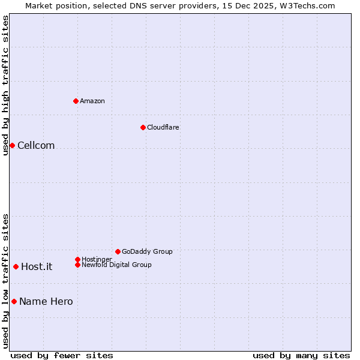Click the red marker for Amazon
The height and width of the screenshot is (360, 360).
(x=76, y=101)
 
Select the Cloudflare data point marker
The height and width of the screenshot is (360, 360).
(x=143, y=127)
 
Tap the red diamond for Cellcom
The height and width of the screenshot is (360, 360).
(x=12, y=145)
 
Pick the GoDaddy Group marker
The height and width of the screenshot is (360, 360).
(x=118, y=251)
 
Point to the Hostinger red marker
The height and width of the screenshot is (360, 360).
(x=77, y=259)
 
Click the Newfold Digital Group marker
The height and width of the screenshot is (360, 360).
(x=77, y=265)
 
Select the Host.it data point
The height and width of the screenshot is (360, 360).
(x=16, y=266)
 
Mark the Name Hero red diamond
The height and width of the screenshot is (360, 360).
(x=14, y=301)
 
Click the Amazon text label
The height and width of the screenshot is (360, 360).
(x=92, y=101)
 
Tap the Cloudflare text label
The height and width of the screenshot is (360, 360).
(x=163, y=127)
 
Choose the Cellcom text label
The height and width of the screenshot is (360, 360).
(x=36, y=145)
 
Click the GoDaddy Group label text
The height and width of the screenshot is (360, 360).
(x=147, y=251)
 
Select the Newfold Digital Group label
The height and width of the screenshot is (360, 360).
(x=116, y=265)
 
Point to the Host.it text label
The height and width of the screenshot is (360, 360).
(x=37, y=266)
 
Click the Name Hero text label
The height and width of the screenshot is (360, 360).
(x=46, y=301)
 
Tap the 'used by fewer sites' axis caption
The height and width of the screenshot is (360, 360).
(x=62, y=355)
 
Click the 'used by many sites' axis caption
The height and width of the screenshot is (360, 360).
(x=301, y=355)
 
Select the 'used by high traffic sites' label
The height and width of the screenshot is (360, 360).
(x=5, y=85)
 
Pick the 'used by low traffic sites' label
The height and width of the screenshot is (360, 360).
(x=5, y=280)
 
